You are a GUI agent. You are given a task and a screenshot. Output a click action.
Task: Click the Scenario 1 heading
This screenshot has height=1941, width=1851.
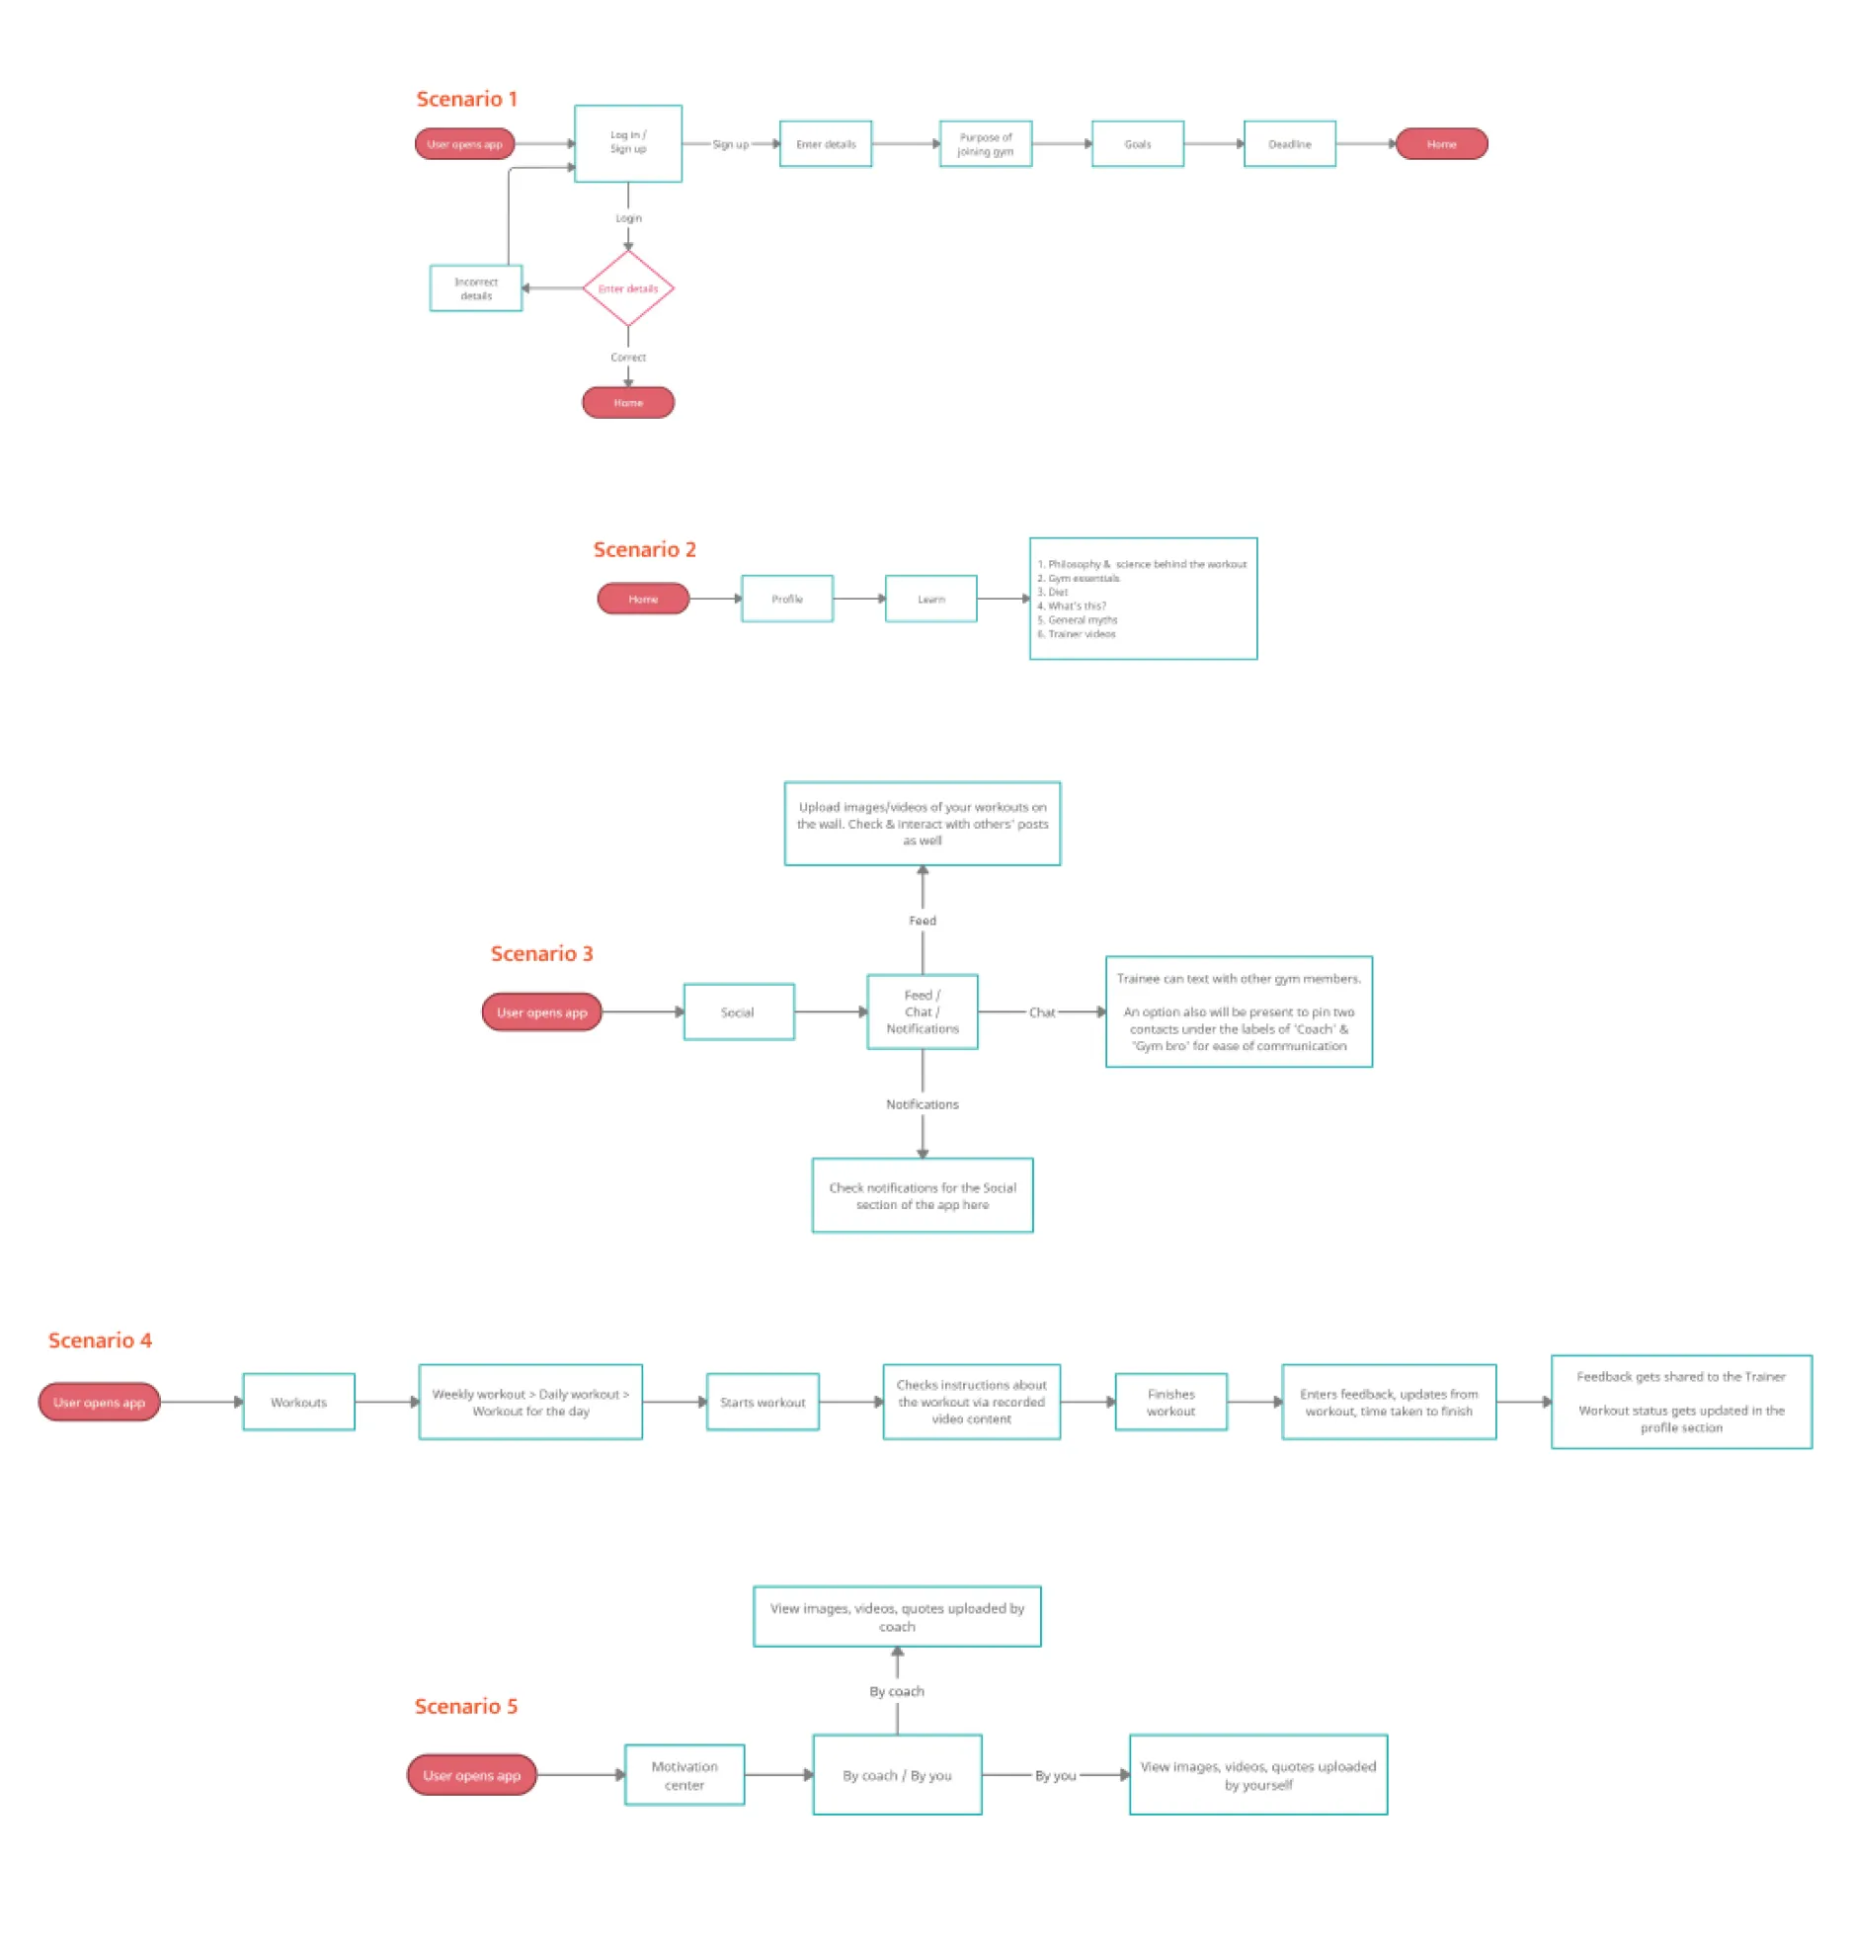pyautogui.click(x=466, y=99)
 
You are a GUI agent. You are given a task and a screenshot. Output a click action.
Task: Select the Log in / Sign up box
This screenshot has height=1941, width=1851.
pyautogui.click(x=627, y=143)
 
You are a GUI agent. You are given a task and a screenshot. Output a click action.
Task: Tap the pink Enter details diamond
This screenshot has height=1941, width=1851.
pyautogui.click(x=627, y=288)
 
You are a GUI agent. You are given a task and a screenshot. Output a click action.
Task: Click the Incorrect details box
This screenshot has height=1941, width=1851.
pyautogui.click(x=475, y=288)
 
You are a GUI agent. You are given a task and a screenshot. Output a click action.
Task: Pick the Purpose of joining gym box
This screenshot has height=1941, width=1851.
pyautogui.click(x=985, y=144)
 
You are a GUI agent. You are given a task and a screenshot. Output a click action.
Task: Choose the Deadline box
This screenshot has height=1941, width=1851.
pyautogui.click(x=1289, y=144)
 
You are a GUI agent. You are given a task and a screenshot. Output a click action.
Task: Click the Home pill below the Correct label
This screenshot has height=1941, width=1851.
pyautogui.click(x=627, y=402)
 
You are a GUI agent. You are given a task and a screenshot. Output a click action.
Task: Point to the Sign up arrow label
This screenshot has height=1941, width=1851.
pyautogui.click(x=730, y=144)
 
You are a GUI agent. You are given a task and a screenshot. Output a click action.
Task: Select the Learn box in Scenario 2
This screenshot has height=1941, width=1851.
pyautogui.click(x=930, y=599)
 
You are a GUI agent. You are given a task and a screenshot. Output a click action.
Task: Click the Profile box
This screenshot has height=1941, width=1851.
pyautogui.click(x=786, y=599)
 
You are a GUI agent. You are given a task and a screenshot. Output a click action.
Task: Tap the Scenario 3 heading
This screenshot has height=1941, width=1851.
pyautogui.click(x=541, y=953)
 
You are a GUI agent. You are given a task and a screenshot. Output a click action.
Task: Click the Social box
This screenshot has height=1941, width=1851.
pyautogui.click(x=738, y=1011)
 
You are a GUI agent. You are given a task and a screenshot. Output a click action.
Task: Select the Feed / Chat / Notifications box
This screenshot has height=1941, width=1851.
pyautogui.click(x=922, y=1011)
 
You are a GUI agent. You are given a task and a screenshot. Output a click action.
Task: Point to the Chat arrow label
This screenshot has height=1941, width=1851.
pyautogui.click(x=1041, y=1011)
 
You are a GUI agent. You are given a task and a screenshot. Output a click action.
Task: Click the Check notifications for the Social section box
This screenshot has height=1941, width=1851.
pyautogui.click(x=922, y=1195)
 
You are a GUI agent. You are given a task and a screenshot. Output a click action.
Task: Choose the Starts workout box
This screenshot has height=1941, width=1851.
pyautogui.click(x=763, y=1402)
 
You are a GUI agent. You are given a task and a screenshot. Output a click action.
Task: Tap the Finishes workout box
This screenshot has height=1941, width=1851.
pyautogui.click(x=1170, y=1402)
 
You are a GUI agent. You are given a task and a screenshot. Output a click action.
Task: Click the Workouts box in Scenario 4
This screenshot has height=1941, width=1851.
pyautogui.click(x=298, y=1402)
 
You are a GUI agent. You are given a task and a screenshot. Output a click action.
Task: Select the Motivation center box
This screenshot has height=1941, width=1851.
pyautogui.click(x=684, y=1775)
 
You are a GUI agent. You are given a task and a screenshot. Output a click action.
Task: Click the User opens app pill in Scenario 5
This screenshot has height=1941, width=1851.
pyautogui.click(x=471, y=1775)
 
